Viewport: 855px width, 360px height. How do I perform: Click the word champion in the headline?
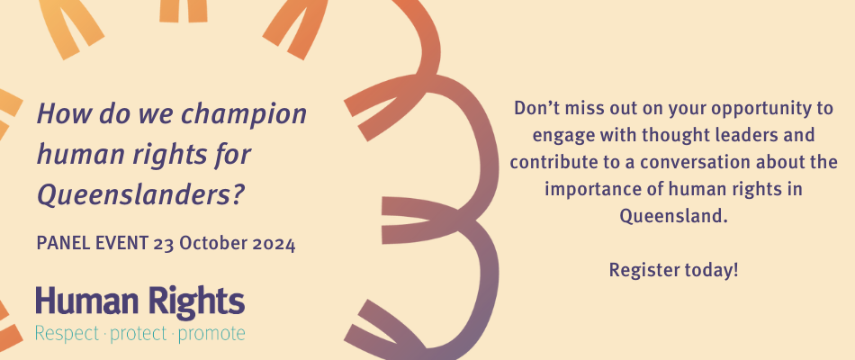pyautogui.click(x=243, y=115)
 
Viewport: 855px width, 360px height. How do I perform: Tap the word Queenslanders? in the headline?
pyautogui.click(x=139, y=194)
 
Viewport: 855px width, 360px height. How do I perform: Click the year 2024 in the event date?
pyautogui.click(x=274, y=243)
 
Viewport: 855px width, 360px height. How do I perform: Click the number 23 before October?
pyautogui.click(x=163, y=243)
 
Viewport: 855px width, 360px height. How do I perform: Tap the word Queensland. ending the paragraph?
pyautogui.click(x=674, y=216)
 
